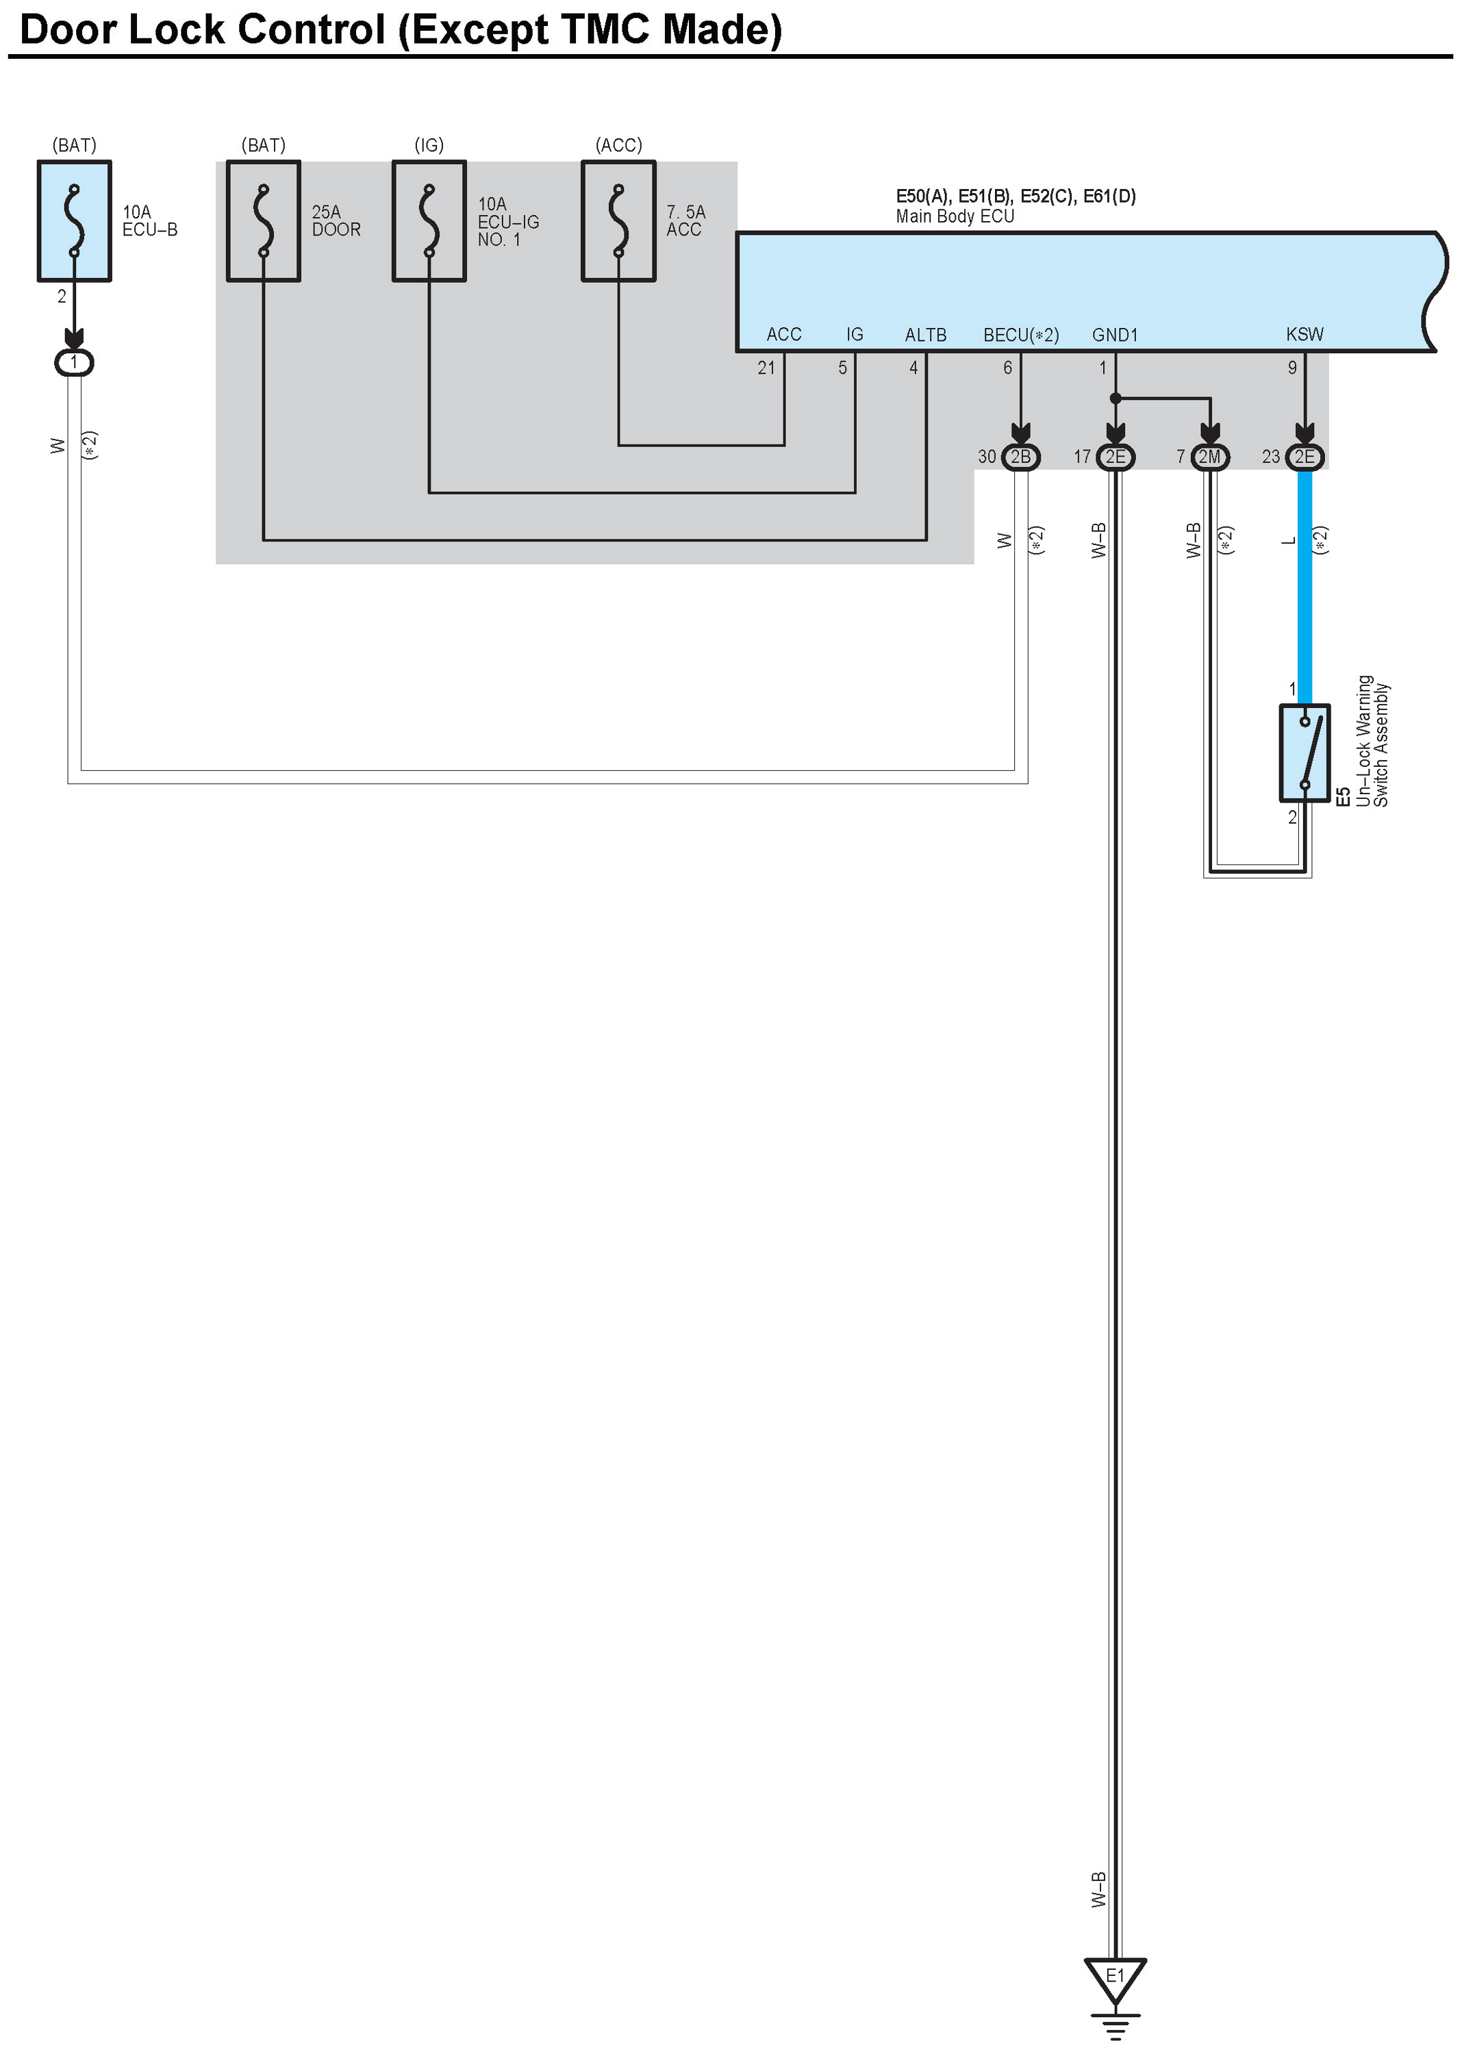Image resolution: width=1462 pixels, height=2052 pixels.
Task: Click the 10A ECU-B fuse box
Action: (74, 221)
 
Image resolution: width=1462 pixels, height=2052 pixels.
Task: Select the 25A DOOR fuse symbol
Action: (263, 221)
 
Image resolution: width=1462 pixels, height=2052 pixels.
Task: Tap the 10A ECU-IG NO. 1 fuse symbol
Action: (429, 221)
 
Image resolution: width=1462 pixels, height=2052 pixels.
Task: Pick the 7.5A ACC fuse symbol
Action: (618, 221)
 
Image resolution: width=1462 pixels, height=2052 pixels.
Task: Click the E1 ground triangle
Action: (1115, 1977)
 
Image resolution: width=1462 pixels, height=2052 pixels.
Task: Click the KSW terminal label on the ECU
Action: (1305, 335)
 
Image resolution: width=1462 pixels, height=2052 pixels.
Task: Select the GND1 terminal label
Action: (1115, 335)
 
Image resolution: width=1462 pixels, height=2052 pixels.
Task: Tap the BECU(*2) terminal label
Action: (1021, 335)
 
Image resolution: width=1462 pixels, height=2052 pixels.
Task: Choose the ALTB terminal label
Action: (925, 335)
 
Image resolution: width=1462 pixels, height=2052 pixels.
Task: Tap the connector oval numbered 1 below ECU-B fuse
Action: (74, 363)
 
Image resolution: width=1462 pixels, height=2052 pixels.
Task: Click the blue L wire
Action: (1305, 585)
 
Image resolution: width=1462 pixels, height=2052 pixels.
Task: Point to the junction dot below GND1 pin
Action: (1116, 398)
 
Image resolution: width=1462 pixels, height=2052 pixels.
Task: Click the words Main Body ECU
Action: (955, 216)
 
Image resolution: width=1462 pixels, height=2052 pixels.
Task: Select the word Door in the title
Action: (68, 29)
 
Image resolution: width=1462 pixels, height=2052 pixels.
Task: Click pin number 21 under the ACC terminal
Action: (766, 367)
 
